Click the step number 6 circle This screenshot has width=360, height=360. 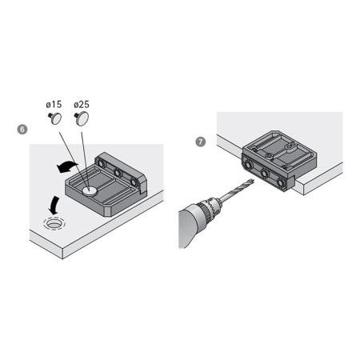point(22,130)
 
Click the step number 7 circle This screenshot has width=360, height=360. point(201,142)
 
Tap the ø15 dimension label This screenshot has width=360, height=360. point(54,104)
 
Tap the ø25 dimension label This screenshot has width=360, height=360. point(82,104)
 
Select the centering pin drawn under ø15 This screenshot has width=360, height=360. point(55,118)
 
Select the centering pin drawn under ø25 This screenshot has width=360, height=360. point(82,118)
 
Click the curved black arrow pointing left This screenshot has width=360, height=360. point(67,166)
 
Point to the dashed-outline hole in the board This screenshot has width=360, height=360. point(54,223)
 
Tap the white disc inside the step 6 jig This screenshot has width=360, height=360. point(90,190)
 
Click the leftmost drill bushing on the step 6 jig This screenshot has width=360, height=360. point(101,162)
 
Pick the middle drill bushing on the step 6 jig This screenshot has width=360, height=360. point(118,173)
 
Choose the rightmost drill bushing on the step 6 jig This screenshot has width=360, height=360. point(134,182)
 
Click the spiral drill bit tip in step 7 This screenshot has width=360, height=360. point(252,182)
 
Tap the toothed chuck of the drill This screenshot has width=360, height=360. point(206,208)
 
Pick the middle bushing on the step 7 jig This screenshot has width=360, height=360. point(265,174)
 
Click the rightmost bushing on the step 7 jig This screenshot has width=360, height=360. point(281,183)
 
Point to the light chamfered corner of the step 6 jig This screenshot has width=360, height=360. point(107,211)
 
